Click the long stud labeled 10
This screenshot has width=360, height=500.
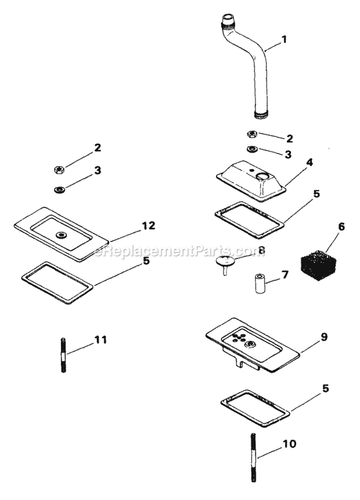pyautogui.click(x=253, y=457)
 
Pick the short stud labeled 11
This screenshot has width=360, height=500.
pyautogui.click(x=63, y=355)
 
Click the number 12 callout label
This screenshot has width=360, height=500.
pyautogui.click(x=149, y=226)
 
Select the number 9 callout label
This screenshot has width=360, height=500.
pyautogui.click(x=324, y=337)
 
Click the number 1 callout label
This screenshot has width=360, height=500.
pyautogui.click(x=284, y=39)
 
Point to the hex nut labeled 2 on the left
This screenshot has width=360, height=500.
pyautogui.click(x=58, y=169)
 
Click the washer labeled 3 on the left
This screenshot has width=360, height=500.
pyautogui.click(x=60, y=189)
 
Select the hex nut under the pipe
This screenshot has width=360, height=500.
pyautogui.click(x=252, y=134)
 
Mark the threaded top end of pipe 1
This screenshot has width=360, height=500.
pyautogui.click(x=228, y=21)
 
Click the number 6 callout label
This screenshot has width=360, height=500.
pyautogui.click(x=341, y=226)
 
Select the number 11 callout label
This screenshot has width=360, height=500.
pyautogui.click(x=100, y=340)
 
